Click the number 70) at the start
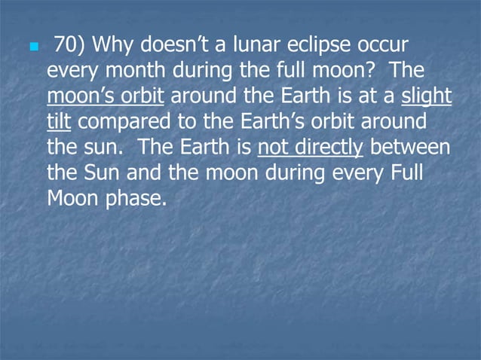tap(70, 46)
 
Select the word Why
tap(116, 46)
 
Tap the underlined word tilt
tap(58, 122)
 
